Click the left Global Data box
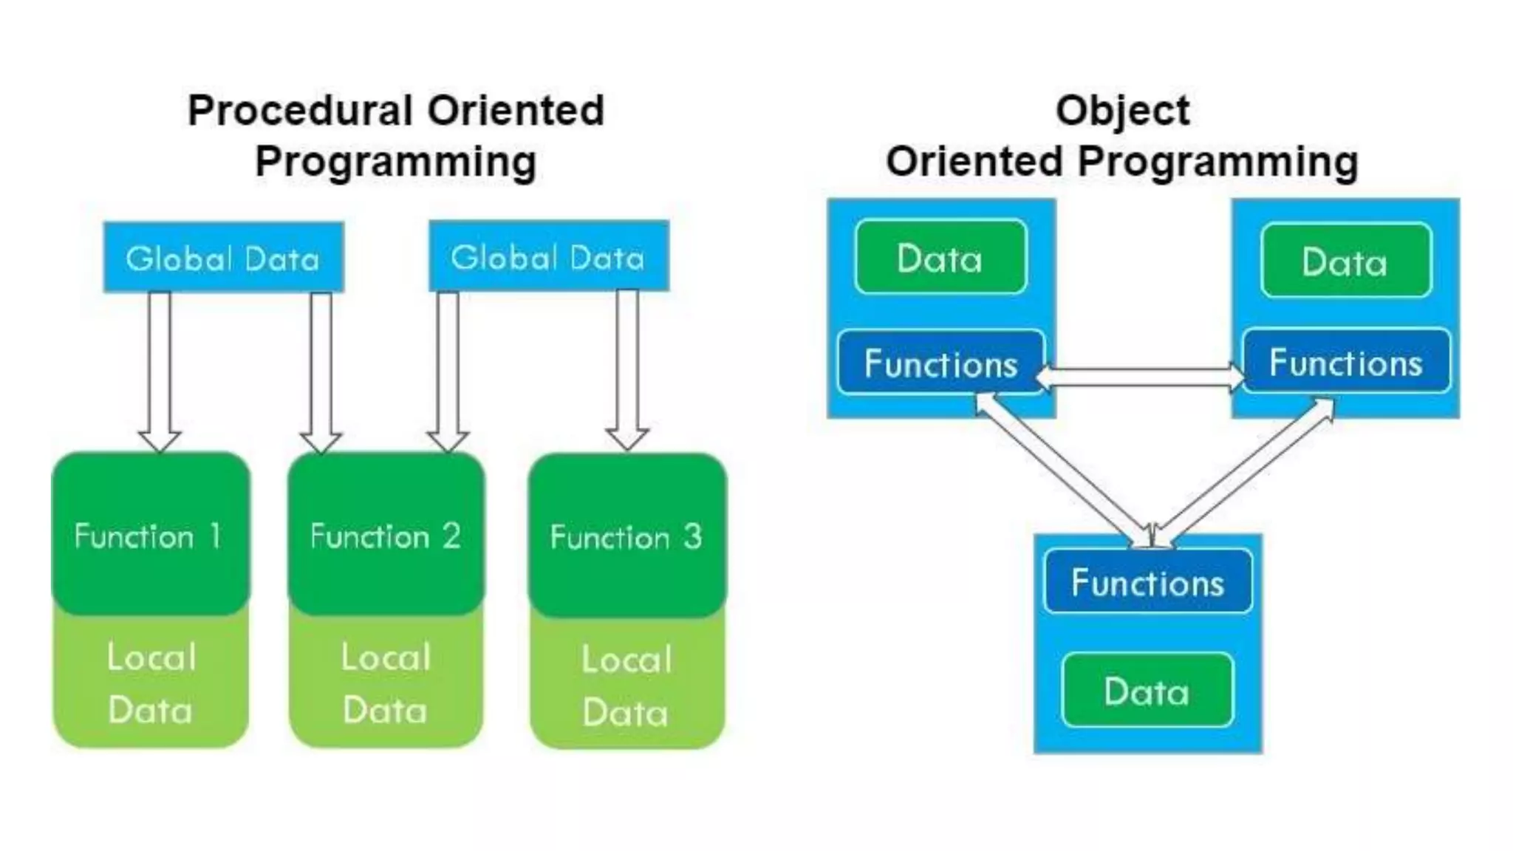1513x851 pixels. (223, 258)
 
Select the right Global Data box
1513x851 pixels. (549, 256)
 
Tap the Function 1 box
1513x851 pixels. (151, 535)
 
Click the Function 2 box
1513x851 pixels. (386, 535)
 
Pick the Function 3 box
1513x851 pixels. (626, 536)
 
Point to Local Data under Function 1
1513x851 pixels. (151, 683)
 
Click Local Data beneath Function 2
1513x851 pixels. (386, 683)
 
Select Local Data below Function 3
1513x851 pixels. (626, 686)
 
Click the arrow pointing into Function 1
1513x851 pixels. (160, 369)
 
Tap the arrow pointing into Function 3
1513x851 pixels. (627, 369)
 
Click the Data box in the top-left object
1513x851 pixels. (940, 258)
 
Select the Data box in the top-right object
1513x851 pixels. (1345, 262)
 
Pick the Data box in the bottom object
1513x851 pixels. (1147, 691)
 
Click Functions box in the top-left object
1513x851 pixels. (940, 363)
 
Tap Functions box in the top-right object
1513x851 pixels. (1345, 362)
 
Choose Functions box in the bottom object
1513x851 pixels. (1147, 582)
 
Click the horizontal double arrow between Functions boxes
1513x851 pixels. (1142, 377)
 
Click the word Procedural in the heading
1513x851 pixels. (299, 111)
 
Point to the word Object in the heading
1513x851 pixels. (1122, 111)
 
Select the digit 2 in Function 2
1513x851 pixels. (451, 535)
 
